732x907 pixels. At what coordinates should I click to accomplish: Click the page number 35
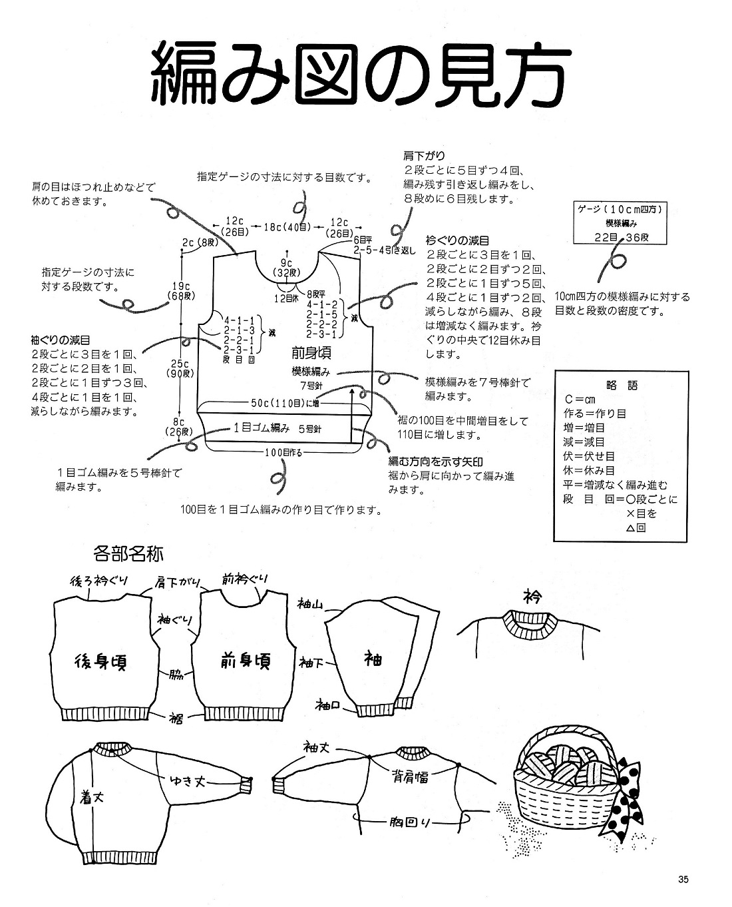coord(683,879)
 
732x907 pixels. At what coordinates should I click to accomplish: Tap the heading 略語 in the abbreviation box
coord(622,385)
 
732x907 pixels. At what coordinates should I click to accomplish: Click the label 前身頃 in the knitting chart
coord(311,352)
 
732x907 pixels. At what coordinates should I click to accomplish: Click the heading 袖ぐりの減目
coord(61,340)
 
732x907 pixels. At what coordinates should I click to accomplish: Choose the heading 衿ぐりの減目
coord(458,240)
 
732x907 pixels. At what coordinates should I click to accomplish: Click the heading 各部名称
coord(129,553)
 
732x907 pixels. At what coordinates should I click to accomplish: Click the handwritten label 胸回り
coord(411,822)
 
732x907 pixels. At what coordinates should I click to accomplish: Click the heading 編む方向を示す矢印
coord(436,461)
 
